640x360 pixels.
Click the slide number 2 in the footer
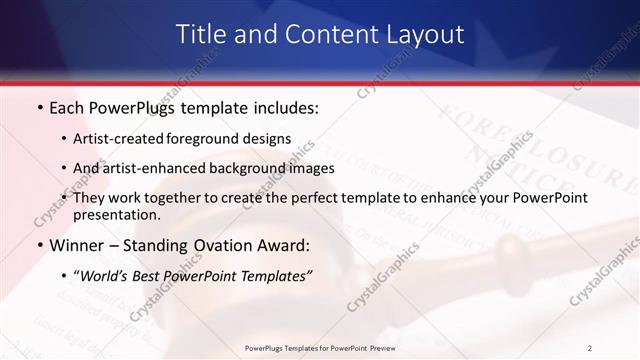(589, 347)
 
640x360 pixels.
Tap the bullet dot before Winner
(39, 244)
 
